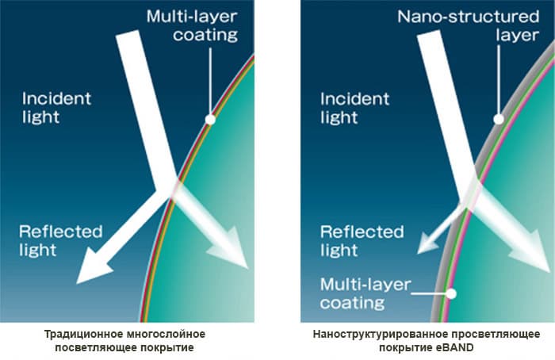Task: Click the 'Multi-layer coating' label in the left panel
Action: click(x=192, y=26)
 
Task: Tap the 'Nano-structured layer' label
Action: click(x=468, y=26)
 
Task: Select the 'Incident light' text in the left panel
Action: click(x=56, y=108)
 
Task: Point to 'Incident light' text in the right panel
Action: click(x=354, y=108)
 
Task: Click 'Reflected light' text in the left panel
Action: click(x=60, y=241)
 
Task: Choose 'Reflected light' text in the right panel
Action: click(x=362, y=241)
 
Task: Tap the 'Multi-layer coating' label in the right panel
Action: click(x=366, y=293)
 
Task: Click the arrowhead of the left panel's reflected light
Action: click(x=92, y=267)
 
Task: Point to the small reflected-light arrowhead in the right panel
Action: click(x=427, y=245)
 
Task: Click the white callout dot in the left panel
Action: click(x=210, y=120)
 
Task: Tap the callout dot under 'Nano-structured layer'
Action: click(x=499, y=119)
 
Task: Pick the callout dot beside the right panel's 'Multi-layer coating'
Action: click(x=451, y=293)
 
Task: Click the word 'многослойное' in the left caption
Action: click(x=166, y=334)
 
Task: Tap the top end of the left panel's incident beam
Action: click(x=128, y=33)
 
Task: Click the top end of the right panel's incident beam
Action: click(x=429, y=33)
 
